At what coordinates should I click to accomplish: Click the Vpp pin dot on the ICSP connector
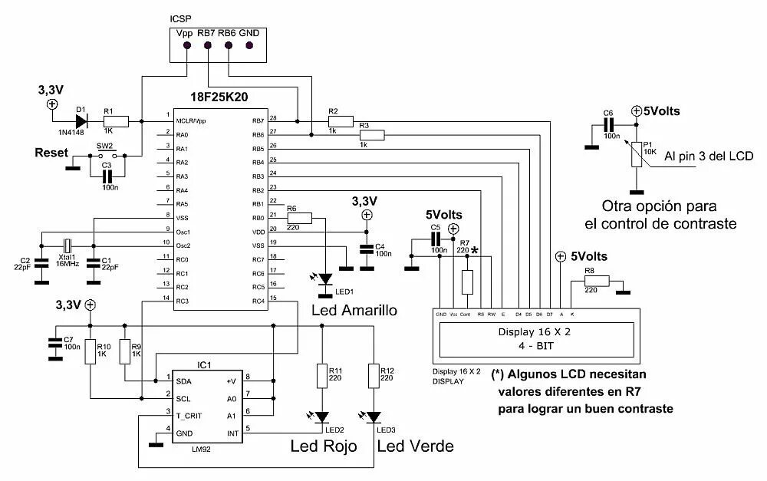coord(187,46)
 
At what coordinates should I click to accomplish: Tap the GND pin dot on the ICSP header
coord(249,46)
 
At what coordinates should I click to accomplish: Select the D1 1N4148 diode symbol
coord(81,120)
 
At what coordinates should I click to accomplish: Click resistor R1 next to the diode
coord(116,120)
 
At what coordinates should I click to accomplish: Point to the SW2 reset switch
coord(105,156)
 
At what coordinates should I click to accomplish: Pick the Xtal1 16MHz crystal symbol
coord(67,245)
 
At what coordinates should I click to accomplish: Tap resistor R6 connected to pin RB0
coord(300,218)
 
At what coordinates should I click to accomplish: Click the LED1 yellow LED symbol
coord(326,278)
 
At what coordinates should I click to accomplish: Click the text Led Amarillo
coord(354,311)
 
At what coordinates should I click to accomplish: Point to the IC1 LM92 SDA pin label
coord(184,381)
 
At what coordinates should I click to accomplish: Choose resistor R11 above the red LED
coord(323,376)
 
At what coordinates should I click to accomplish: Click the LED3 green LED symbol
coord(374,418)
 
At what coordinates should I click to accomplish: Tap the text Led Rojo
coord(322,446)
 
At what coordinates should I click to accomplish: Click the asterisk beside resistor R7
coord(476,250)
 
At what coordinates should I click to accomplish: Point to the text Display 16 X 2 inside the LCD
coord(535,332)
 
